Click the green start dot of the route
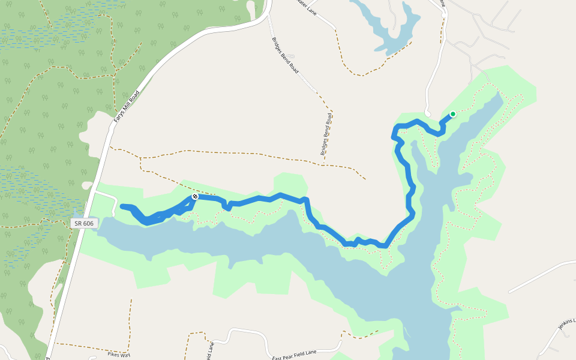click(x=453, y=114)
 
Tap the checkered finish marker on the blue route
click(x=195, y=197)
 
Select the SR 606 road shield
click(x=85, y=223)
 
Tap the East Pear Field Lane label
click(x=302, y=354)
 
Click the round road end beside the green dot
click(x=427, y=113)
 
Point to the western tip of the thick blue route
click(x=123, y=207)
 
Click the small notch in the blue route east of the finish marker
click(x=227, y=206)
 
